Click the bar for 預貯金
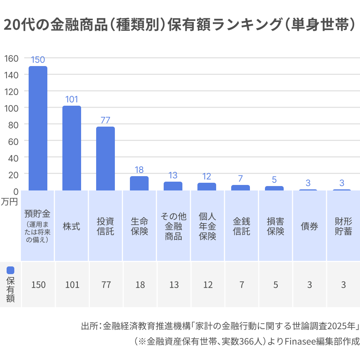38,128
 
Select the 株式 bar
72,148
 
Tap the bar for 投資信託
105,159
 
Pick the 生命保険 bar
139,183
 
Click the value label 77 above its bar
105,120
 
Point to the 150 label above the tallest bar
38,60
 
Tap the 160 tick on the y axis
11,59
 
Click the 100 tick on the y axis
11,108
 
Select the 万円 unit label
9,202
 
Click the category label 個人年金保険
207,226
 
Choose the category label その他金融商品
174,226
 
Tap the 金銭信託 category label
241,226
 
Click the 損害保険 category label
275,226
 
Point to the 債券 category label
309,226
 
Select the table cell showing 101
72,285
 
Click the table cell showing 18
140,285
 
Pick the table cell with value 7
242,285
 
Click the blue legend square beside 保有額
10,270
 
